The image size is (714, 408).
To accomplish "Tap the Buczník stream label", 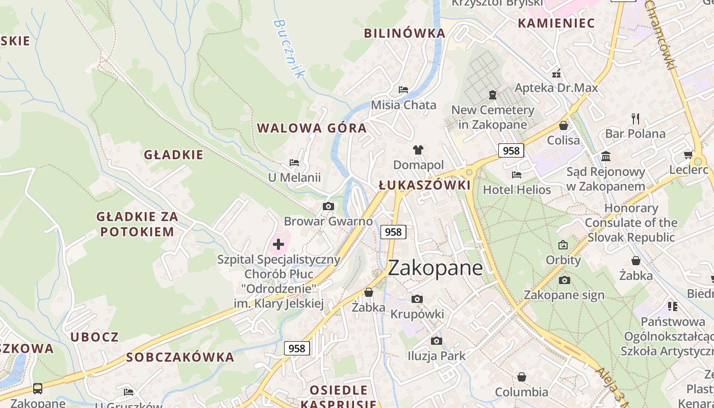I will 288,48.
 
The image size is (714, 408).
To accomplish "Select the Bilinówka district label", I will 404,33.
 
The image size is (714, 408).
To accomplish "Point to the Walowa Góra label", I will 312,128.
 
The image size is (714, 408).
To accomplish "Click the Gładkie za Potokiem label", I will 137,224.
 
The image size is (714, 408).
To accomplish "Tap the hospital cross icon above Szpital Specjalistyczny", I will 278,244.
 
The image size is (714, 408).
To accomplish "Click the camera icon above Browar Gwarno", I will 328,207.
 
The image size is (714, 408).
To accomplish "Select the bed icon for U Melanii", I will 294,163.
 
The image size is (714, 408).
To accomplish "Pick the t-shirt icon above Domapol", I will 418,150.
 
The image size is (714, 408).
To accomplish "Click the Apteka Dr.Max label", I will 556,88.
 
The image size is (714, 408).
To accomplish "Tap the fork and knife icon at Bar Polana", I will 635,119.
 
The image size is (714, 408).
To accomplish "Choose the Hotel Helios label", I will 517,190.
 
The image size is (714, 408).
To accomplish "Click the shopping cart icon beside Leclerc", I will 688,155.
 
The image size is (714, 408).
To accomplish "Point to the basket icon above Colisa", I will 564,125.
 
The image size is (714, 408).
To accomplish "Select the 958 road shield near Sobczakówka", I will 296,348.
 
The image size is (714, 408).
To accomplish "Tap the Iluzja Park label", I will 437,355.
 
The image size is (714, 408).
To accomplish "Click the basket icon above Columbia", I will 521,377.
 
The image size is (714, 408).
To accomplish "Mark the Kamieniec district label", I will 556,23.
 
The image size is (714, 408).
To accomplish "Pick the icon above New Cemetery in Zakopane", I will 493,95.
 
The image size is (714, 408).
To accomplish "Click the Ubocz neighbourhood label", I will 94,337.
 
